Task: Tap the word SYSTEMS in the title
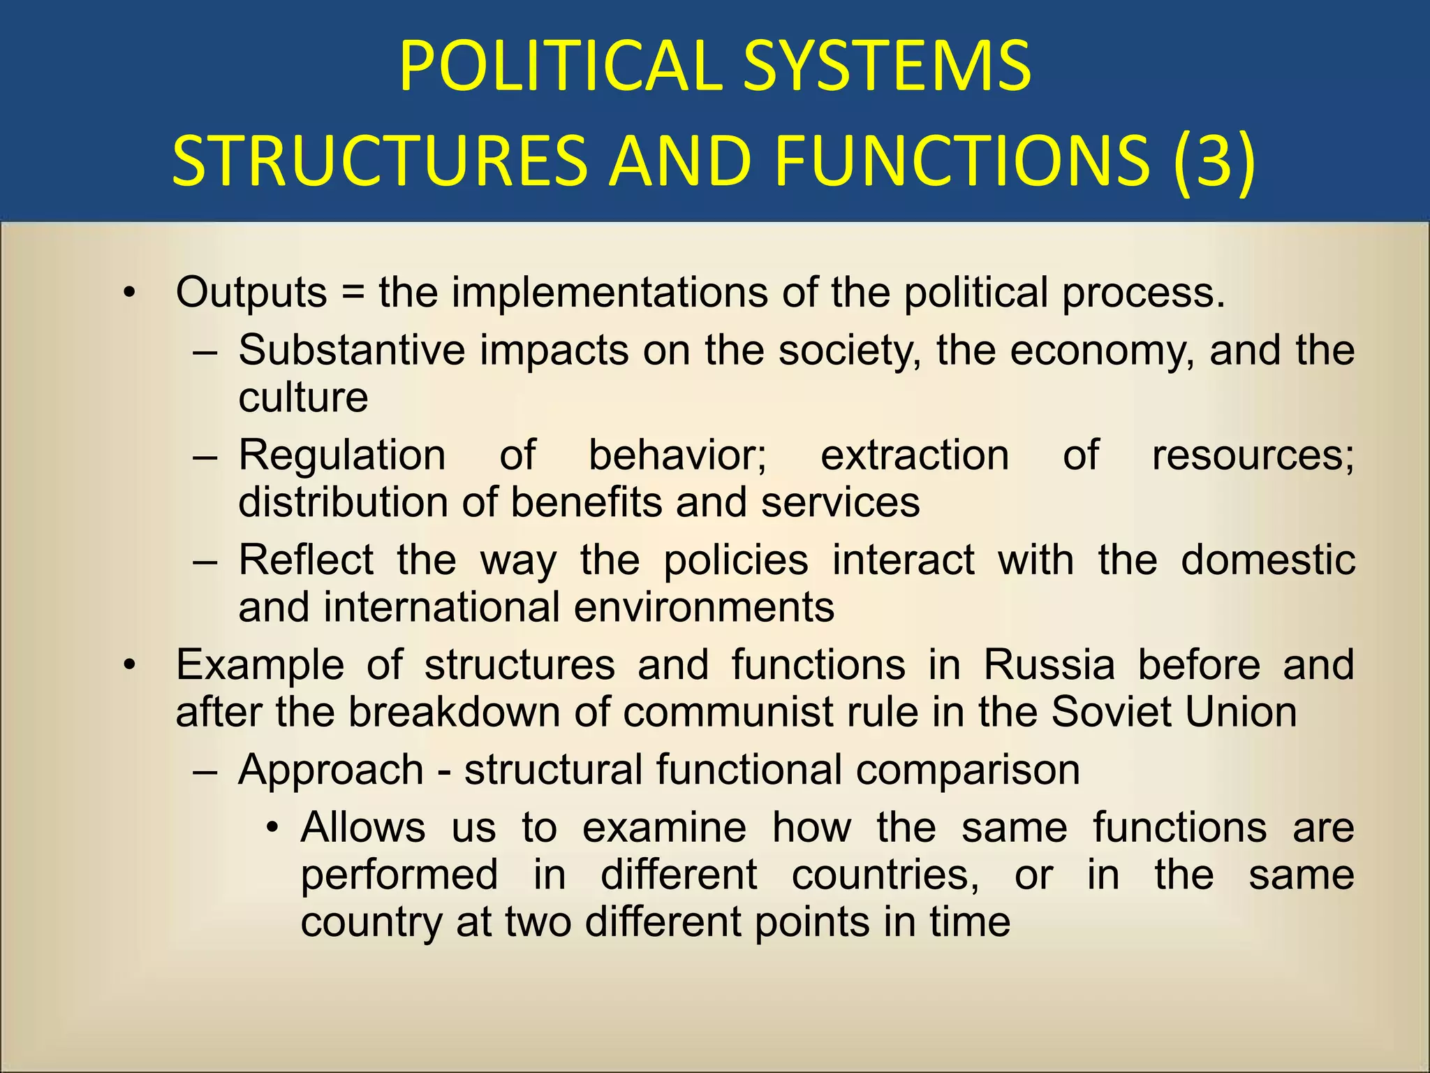pos(887,66)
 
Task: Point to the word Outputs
pos(251,293)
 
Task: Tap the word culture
pos(303,397)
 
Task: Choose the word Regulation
pos(342,455)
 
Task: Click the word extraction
pos(915,455)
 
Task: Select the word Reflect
pos(306,560)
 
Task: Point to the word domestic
pos(1268,560)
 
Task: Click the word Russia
pos(1049,664)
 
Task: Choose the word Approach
pos(331,771)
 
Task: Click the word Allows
pos(363,828)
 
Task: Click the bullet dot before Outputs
pos(128,293)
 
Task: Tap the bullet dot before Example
pos(128,665)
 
